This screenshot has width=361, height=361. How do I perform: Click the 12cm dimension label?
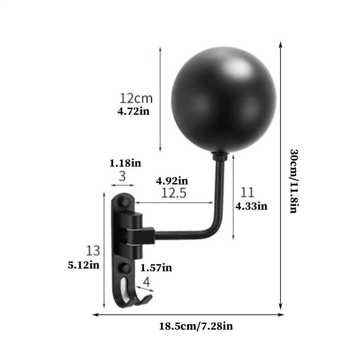136,98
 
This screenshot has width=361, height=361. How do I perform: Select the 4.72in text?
133,112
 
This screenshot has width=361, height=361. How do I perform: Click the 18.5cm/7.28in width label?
196,326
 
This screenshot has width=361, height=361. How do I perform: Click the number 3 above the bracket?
122,176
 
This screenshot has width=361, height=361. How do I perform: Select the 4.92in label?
172,181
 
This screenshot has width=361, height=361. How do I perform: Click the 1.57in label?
156,268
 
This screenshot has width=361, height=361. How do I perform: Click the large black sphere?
224,100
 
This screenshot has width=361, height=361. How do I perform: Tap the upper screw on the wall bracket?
124,202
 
